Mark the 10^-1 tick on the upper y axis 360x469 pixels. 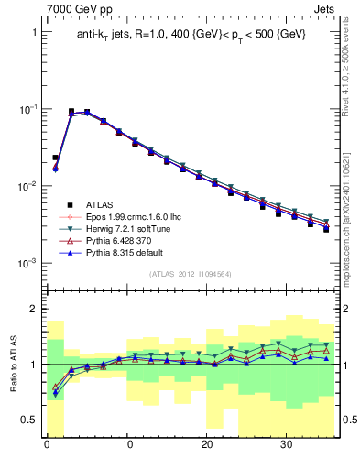point(30,109)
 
